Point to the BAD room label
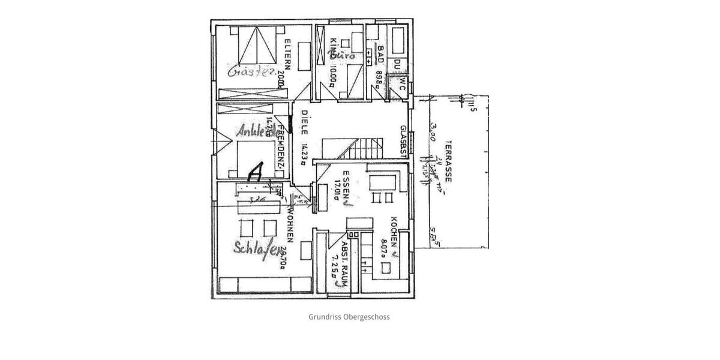pos(380,55)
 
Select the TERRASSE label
pos(448,162)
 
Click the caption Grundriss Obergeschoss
pos(349,317)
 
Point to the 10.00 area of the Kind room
pos(333,75)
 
